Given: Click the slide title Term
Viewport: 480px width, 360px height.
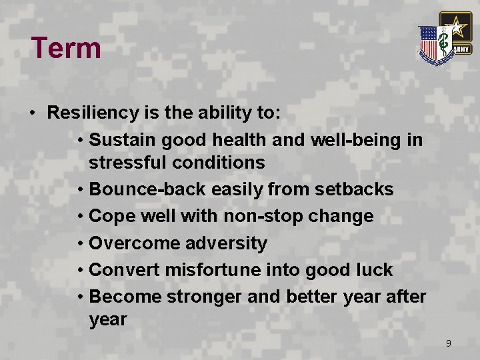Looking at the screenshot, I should pos(66,49).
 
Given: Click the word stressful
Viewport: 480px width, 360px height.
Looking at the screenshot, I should pos(126,163).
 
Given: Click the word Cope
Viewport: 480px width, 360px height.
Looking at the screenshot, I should pos(111,216).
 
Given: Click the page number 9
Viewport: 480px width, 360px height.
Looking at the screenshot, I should pos(448,343).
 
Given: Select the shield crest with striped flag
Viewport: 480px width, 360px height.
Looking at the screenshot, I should pos(434,45).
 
